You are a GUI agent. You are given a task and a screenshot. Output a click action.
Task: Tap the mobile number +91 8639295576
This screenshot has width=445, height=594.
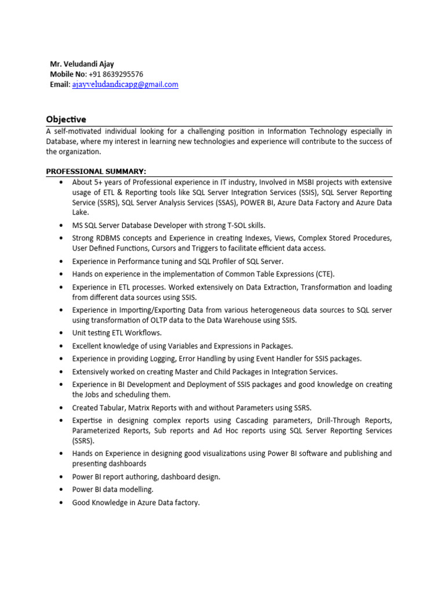point(116,74)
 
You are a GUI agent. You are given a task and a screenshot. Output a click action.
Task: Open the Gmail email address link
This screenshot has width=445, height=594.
point(125,85)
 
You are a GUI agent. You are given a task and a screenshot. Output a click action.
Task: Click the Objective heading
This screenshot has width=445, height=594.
point(66,119)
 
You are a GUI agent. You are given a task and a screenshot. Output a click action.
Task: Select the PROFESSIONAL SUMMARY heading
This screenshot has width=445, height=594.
point(96,171)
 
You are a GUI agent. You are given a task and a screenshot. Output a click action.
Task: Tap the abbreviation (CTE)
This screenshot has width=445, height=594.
point(326,274)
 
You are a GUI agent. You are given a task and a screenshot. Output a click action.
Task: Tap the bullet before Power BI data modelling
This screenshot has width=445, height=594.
point(61,490)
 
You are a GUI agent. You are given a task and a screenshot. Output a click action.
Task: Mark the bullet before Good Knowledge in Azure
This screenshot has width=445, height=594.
point(61,503)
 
